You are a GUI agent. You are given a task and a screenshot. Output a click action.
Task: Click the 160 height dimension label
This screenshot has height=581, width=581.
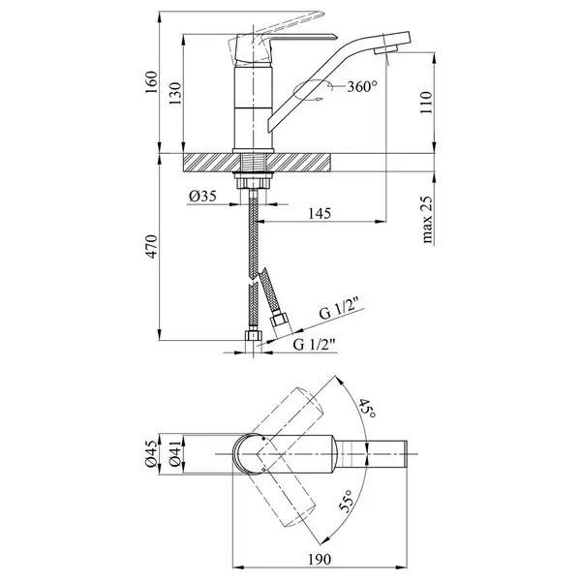click(151, 82)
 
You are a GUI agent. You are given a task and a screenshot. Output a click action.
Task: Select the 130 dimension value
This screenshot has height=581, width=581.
click(175, 93)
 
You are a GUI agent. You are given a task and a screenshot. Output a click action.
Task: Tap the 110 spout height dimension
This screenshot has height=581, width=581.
click(426, 103)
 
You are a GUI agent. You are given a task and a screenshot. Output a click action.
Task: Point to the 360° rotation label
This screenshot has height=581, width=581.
click(362, 87)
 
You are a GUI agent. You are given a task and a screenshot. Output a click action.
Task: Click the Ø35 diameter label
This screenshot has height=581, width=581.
click(202, 196)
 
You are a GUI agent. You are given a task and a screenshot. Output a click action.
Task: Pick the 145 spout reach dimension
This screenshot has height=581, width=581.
click(320, 213)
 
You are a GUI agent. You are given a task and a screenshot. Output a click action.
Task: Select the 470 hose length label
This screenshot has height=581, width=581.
click(151, 246)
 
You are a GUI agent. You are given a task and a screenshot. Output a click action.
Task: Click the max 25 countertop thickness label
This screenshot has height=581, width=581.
click(426, 220)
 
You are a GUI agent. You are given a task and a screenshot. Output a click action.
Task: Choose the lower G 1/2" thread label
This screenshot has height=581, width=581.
click(315, 344)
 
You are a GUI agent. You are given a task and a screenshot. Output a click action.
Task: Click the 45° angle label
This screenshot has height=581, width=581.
click(367, 408)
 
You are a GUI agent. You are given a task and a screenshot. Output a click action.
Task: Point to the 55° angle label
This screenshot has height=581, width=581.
click(345, 501)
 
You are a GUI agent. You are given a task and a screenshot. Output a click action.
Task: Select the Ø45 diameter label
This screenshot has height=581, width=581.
click(151, 453)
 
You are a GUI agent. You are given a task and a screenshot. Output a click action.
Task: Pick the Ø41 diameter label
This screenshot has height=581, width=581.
click(175, 453)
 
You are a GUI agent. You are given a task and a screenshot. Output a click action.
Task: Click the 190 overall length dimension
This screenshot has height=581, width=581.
click(320, 560)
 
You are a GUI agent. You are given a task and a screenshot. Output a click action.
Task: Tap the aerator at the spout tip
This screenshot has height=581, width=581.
click(385, 49)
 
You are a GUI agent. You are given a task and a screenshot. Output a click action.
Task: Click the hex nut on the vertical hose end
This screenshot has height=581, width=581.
click(253, 335)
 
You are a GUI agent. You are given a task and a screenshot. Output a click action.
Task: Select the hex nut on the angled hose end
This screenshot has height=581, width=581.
click(279, 320)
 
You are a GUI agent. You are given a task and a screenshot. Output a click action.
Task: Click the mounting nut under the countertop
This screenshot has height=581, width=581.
click(253, 183)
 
